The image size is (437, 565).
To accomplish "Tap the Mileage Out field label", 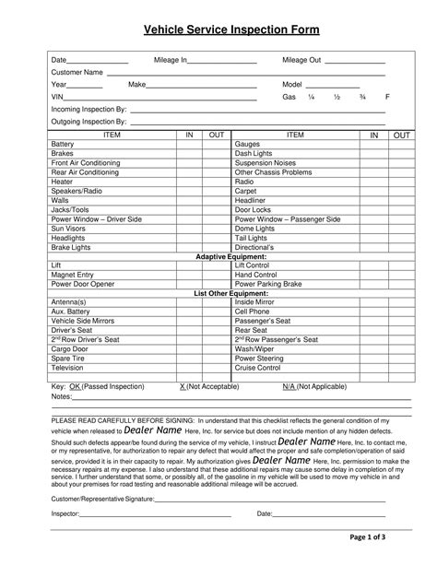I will (301, 60).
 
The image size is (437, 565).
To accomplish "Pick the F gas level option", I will (387, 97).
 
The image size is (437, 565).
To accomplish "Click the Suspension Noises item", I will (266, 162).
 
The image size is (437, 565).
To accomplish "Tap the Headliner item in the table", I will (250, 199).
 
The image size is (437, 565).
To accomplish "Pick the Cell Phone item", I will (254, 312).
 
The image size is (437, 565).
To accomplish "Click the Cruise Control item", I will (257, 367).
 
